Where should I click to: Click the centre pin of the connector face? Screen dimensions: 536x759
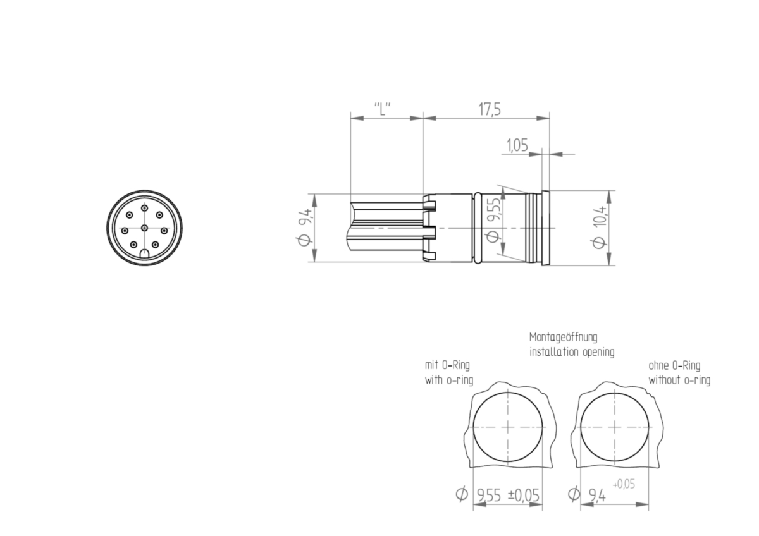(144, 228)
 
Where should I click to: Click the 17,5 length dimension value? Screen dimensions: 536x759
(489, 109)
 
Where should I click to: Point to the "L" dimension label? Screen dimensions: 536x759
(382, 109)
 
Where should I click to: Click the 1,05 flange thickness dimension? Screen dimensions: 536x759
(517, 146)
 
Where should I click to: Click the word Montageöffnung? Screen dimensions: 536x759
(563, 337)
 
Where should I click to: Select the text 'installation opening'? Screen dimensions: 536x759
(571, 352)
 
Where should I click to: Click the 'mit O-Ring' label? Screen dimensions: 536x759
(447, 365)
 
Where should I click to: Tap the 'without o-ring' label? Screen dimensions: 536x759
(679, 380)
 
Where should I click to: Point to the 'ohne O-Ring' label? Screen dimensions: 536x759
(674, 365)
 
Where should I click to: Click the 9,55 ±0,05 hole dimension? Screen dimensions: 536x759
(509, 496)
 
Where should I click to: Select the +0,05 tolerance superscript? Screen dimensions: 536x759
(624, 484)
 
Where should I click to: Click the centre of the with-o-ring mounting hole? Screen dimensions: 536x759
(509, 427)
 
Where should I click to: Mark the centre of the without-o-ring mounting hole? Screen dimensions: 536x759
(614, 427)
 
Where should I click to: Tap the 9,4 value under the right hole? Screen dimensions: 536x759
(596, 496)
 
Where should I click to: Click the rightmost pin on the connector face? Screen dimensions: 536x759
(164, 231)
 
